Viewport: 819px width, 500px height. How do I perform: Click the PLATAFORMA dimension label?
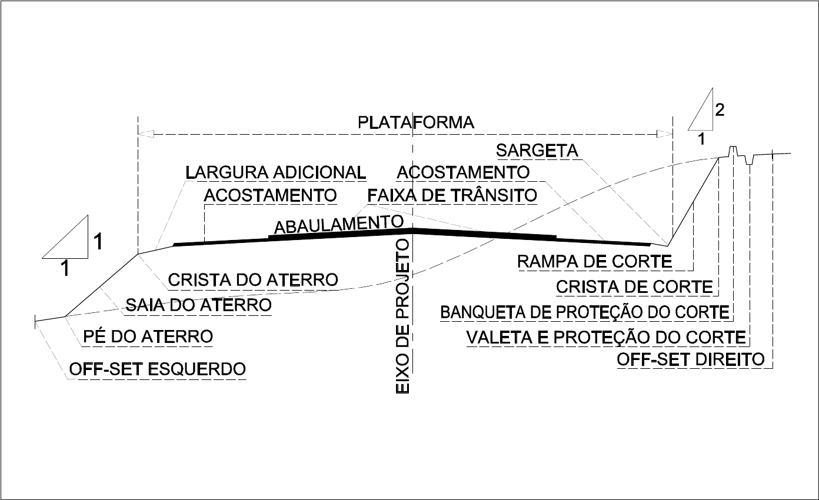tap(416, 122)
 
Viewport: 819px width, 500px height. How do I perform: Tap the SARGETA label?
tap(537, 151)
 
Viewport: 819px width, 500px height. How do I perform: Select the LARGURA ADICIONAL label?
tap(275, 172)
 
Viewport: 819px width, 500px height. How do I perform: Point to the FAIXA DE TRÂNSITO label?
tap(452, 195)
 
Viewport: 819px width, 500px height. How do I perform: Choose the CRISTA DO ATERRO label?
tap(253, 279)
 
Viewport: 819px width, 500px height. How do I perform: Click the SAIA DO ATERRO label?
tap(199, 305)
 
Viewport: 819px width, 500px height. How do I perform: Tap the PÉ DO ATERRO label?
tap(148, 337)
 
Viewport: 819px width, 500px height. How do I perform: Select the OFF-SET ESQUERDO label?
tap(157, 369)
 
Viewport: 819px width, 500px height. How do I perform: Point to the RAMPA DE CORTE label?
tap(594, 261)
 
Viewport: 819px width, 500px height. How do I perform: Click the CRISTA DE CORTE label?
tap(634, 287)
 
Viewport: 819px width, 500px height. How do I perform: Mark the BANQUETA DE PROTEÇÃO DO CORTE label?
tap(585, 312)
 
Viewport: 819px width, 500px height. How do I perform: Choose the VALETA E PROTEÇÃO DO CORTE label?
tap(606, 338)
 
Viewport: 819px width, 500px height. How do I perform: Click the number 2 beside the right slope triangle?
tap(719, 109)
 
